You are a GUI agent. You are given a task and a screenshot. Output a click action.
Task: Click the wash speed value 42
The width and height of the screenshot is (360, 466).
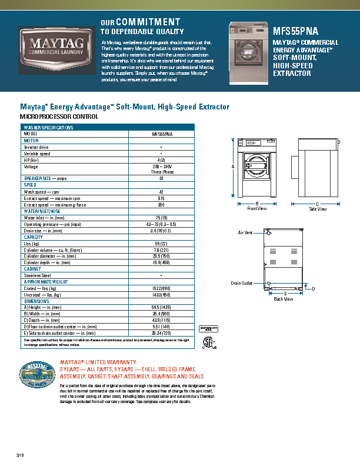161,192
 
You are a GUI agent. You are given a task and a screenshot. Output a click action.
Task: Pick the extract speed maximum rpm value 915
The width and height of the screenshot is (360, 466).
161,198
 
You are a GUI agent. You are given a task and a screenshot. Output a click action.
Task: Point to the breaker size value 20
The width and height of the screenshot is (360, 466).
161,178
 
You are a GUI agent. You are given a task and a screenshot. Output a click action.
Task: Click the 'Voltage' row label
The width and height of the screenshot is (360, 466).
31,167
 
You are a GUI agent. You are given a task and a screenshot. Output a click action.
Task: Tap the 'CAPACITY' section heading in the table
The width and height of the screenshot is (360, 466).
34,237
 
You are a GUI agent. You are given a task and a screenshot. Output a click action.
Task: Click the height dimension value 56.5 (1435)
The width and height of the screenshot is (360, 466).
161,307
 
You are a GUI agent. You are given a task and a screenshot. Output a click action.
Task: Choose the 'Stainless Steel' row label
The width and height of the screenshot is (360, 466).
37,275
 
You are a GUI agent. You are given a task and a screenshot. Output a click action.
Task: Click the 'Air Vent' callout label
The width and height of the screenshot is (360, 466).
245,233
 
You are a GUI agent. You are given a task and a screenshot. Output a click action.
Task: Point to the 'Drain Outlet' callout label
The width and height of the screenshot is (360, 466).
241,283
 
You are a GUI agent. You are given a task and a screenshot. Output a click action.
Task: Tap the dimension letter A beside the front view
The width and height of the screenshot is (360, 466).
233,167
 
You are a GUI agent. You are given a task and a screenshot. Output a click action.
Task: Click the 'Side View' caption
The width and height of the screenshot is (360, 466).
318,209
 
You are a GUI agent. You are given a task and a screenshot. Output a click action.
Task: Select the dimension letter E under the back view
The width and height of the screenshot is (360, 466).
285,293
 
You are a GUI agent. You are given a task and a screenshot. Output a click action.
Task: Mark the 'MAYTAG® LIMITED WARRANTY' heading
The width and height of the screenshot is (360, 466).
98,362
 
